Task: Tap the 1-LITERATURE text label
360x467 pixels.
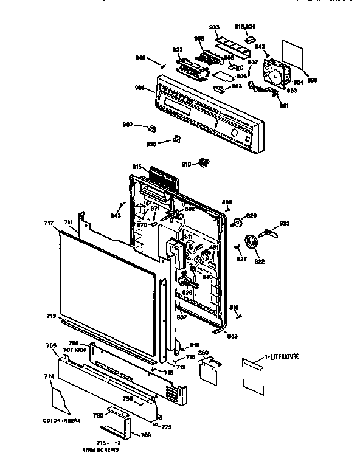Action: click(281, 356)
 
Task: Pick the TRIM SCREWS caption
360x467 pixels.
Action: click(102, 449)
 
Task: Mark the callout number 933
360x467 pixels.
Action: click(214, 27)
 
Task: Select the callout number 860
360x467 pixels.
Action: click(204, 353)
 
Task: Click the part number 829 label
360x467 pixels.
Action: click(252, 216)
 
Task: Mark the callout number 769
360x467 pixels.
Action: click(145, 435)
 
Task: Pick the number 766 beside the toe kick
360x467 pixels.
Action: click(52, 345)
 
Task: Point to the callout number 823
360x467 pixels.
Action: click(284, 223)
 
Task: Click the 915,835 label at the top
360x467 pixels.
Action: click(246, 26)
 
